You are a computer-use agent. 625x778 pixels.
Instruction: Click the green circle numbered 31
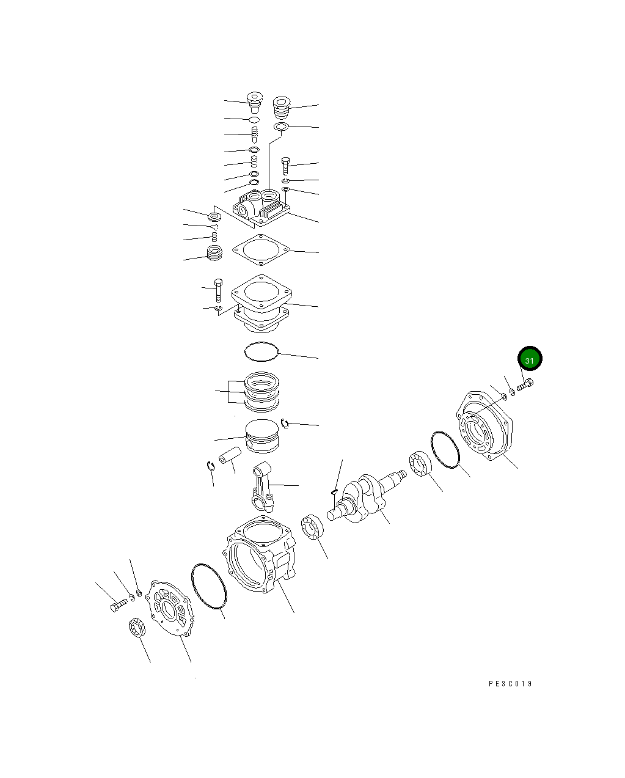(x=530, y=360)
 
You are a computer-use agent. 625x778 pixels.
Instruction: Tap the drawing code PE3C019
(x=510, y=684)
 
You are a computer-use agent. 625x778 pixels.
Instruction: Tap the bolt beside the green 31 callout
(x=525, y=386)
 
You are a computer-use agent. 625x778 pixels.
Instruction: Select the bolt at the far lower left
(x=119, y=605)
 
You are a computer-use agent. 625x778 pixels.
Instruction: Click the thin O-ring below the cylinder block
(x=261, y=351)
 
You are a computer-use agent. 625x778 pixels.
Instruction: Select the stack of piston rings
(x=262, y=391)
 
